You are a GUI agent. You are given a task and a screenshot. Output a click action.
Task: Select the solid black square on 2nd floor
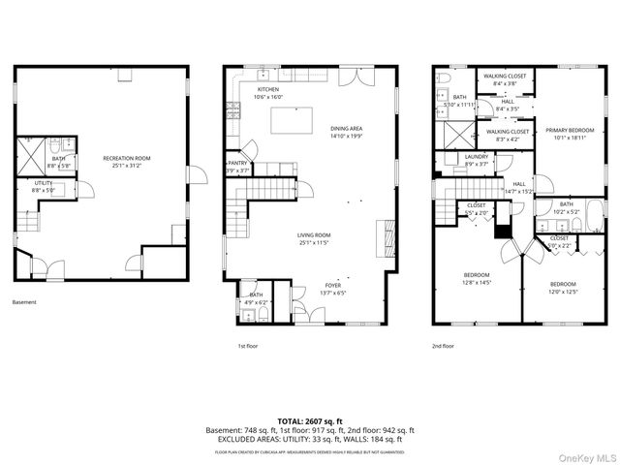(502, 231)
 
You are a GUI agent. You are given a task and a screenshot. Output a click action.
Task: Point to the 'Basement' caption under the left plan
(24, 302)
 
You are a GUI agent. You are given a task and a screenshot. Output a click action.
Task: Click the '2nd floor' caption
(443, 346)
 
